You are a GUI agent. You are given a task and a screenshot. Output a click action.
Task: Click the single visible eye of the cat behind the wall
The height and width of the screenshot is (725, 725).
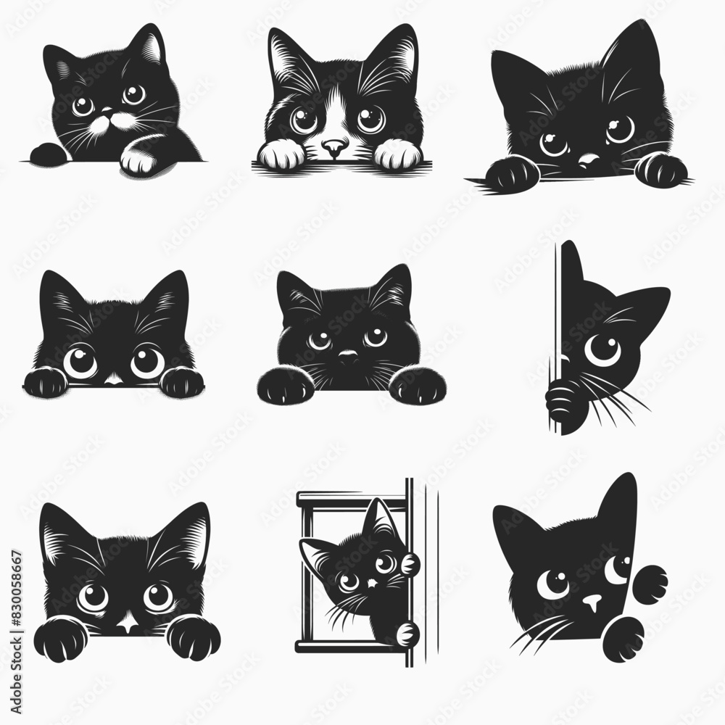point(602,349)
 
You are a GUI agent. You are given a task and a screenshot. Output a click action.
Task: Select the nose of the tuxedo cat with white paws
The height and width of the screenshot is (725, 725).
point(334,148)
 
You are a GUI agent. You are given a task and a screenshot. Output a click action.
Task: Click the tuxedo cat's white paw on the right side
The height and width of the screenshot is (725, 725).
point(396,154)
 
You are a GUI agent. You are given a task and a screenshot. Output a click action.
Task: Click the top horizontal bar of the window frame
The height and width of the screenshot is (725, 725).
point(352,497)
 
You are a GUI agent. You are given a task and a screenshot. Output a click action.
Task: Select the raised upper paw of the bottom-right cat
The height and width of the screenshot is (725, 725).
point(650,582)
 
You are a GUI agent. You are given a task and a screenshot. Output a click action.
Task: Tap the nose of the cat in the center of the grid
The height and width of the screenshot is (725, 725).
point(349,357)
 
